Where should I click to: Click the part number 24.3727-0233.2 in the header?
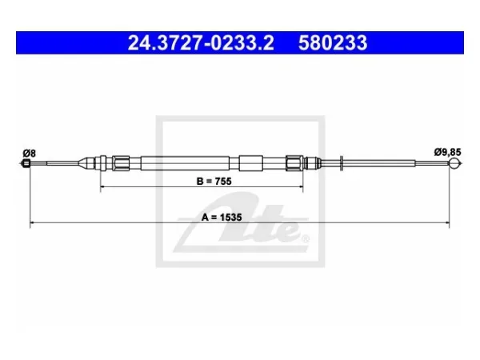pos(201,43)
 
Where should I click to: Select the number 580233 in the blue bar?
pos(333,43)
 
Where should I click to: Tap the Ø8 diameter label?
pos(30,153)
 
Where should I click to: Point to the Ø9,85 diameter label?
pos(447,152)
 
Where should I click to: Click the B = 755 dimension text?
pos(214,182)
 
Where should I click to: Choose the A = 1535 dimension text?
pos(222,218)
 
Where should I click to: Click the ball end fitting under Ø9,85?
pos(455,163)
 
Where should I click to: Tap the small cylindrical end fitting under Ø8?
pos(26,163)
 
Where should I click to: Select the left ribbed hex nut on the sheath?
pos(121,163)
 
